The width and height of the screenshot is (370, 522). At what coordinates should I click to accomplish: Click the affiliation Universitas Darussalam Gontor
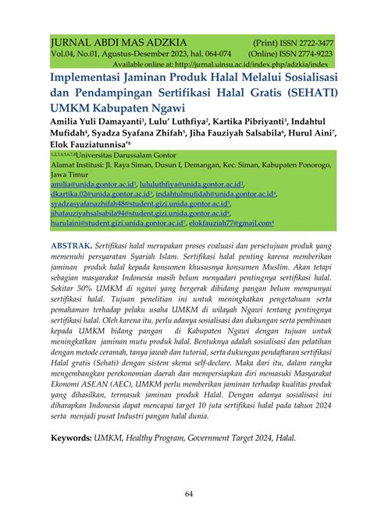point(129,156)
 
